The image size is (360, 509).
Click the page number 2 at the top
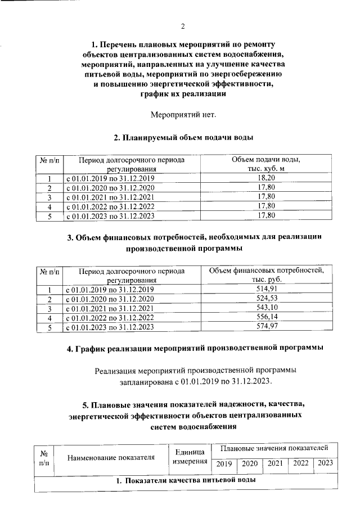tap(183, 26)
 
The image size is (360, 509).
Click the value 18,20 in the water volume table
tap(266, 178)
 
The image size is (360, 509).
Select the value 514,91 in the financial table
tap(266, 289)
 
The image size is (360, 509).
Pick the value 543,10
tap(266, 308)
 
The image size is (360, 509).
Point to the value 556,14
tap(266, 317)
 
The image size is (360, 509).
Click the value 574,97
tap(266, 327)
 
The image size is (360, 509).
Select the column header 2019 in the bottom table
tap(224, 463)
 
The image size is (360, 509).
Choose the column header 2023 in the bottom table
tap(325, 463)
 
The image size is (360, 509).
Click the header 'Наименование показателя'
tap(111, 457)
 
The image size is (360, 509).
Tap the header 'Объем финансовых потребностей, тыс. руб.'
tap(266, 274)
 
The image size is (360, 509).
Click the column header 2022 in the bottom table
tap(300, 463)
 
